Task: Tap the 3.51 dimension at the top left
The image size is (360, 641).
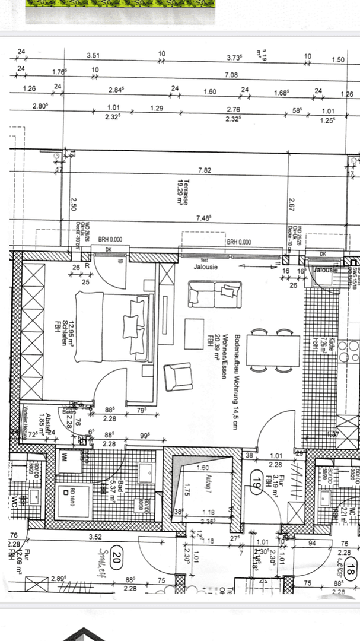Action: coord(93,55)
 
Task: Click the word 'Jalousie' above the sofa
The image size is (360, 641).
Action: coord(206,266)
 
